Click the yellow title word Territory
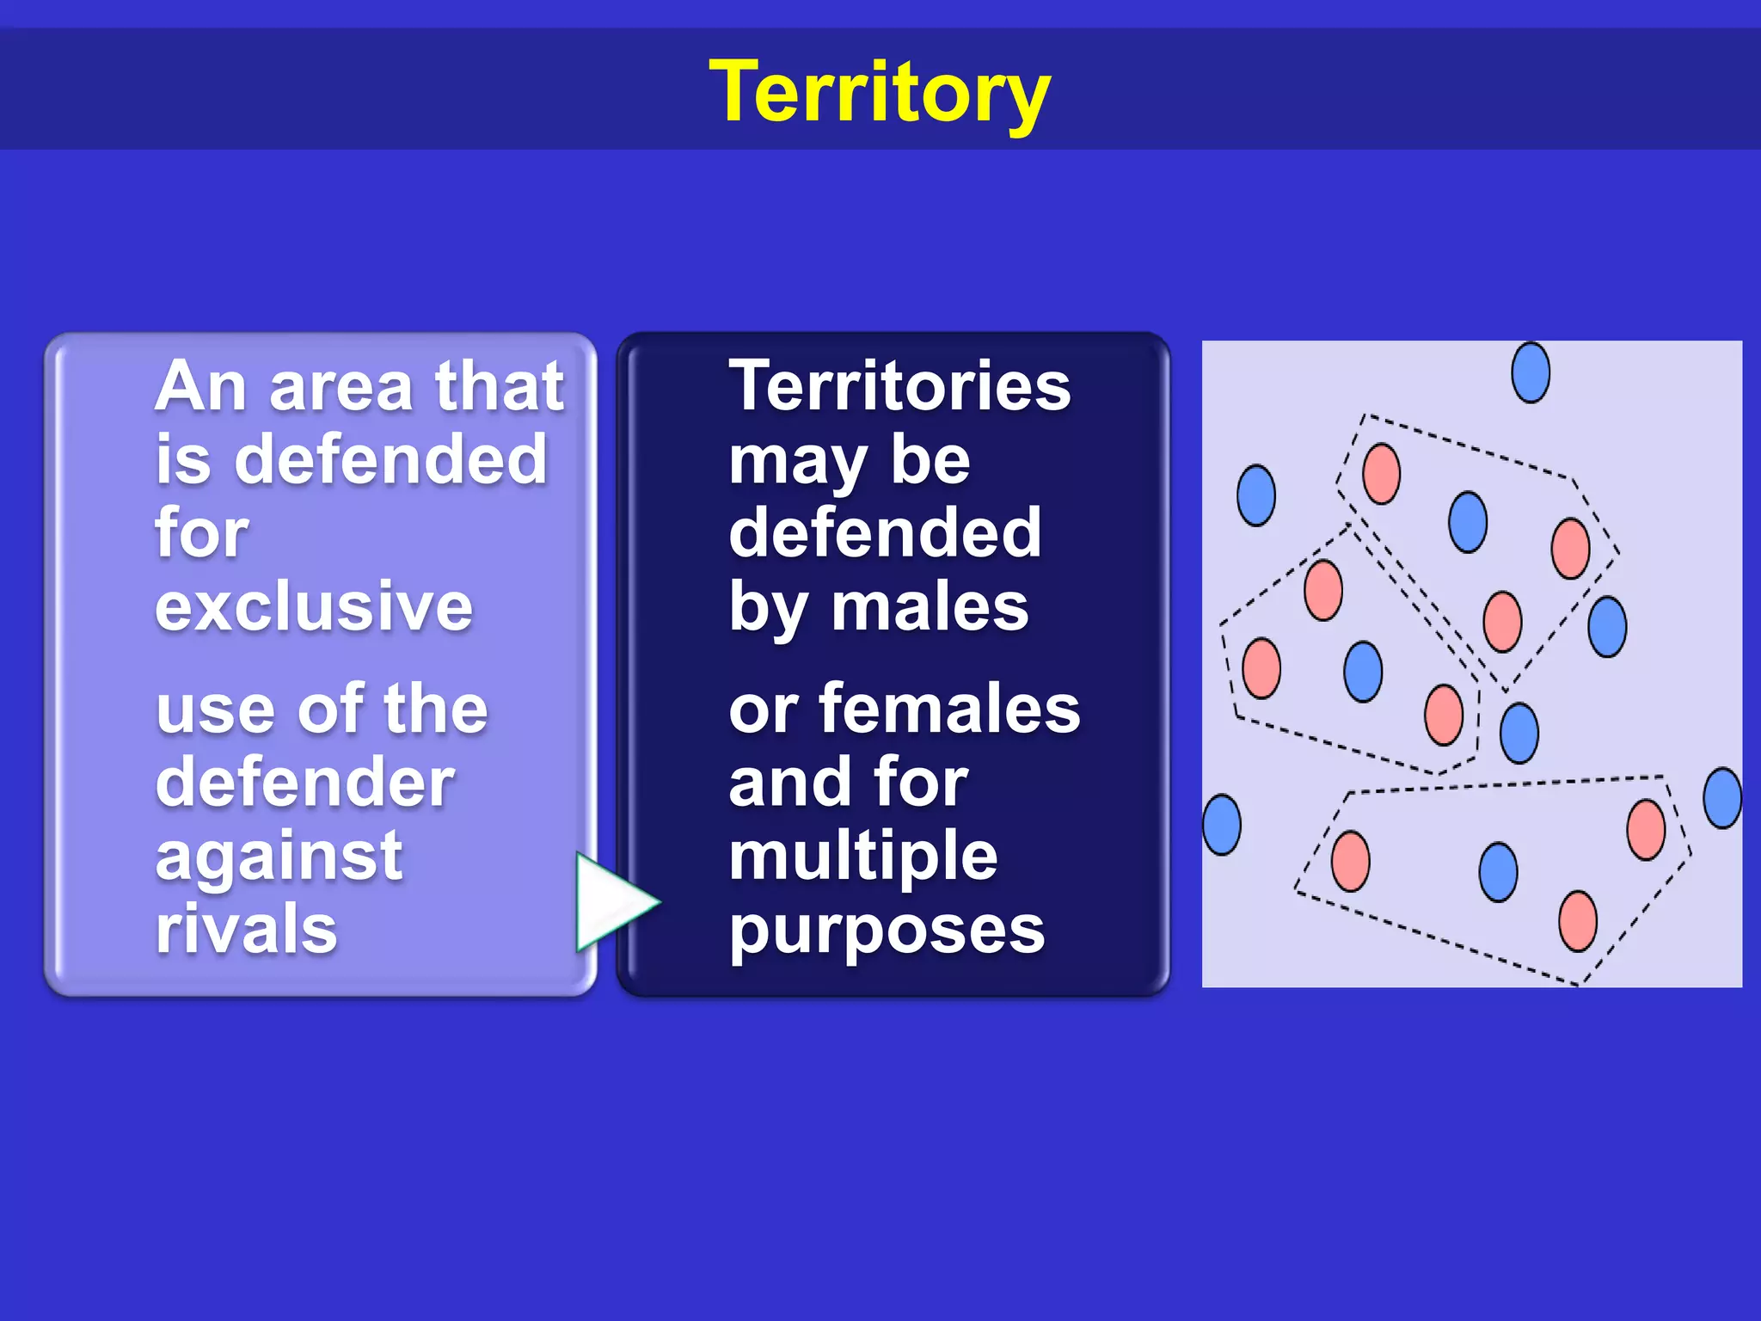(x=879, y=92)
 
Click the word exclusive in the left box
(x=314, y=606)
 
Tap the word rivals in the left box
(x=247, y=929)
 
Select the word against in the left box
(x=279, y=857)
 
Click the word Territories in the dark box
(x=899, y=386)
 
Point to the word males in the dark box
(x=930, y=607)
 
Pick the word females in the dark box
(x=949, y=709)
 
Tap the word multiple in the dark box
(x=862, y=856)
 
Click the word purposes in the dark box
(x=887, y=931)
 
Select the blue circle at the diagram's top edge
(x=1531, y=372)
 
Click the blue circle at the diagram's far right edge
(x=1722, y=798)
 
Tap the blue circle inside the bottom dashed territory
(x=1498, y=872)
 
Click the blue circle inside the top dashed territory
(x=1468, y=522)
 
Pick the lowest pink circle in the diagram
(x=1578, y=921)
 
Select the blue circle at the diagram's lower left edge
(x=1222, y=825)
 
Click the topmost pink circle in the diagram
(x=1381, y=474)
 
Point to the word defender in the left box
(x=305, y=783)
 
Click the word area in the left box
(x=341, y=387)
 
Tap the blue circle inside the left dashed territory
(x=1363, y=672)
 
